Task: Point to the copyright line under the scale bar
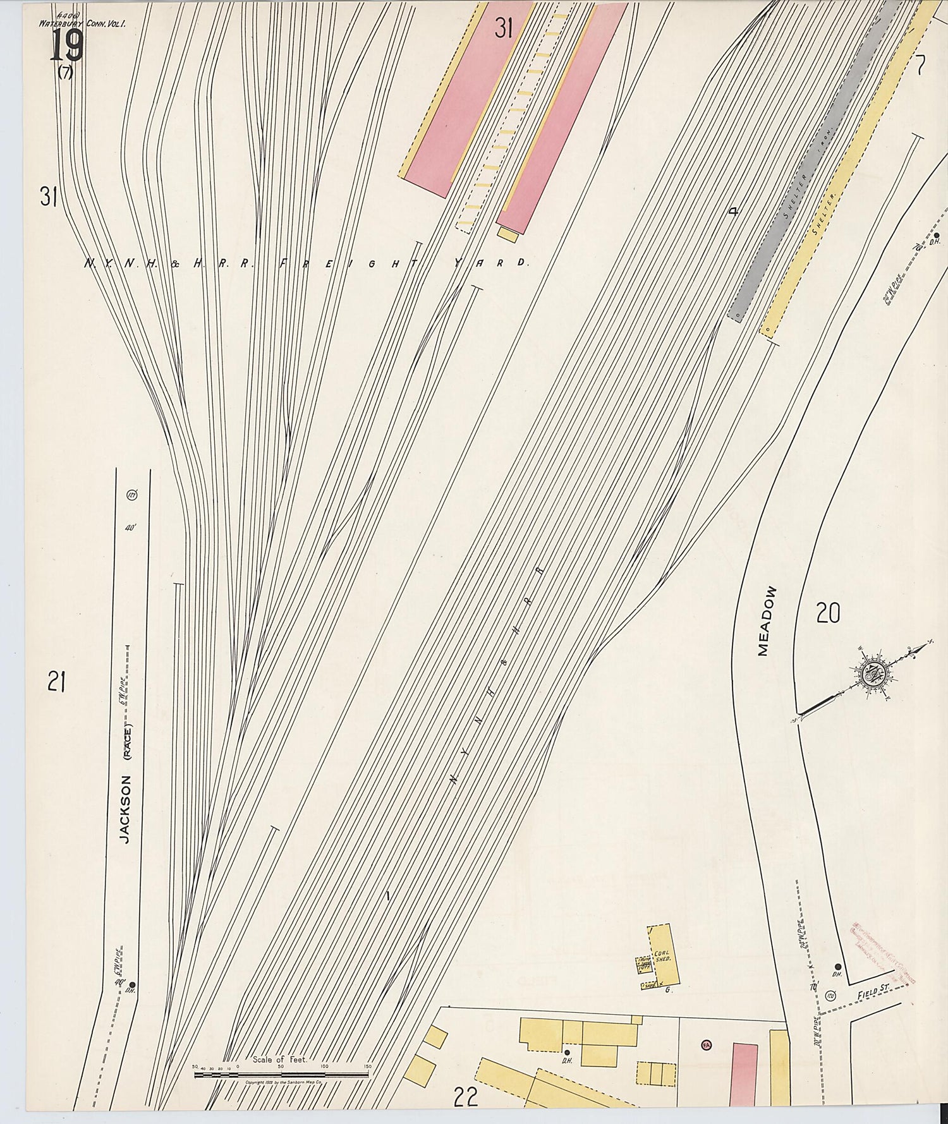[284, 1082]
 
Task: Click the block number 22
[466, 1098]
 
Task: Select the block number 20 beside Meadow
[828, 613]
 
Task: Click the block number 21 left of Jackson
[56, 682]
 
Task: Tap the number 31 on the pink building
[504, 28]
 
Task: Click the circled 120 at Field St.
[830, 996]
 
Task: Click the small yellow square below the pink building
[507, 235]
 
